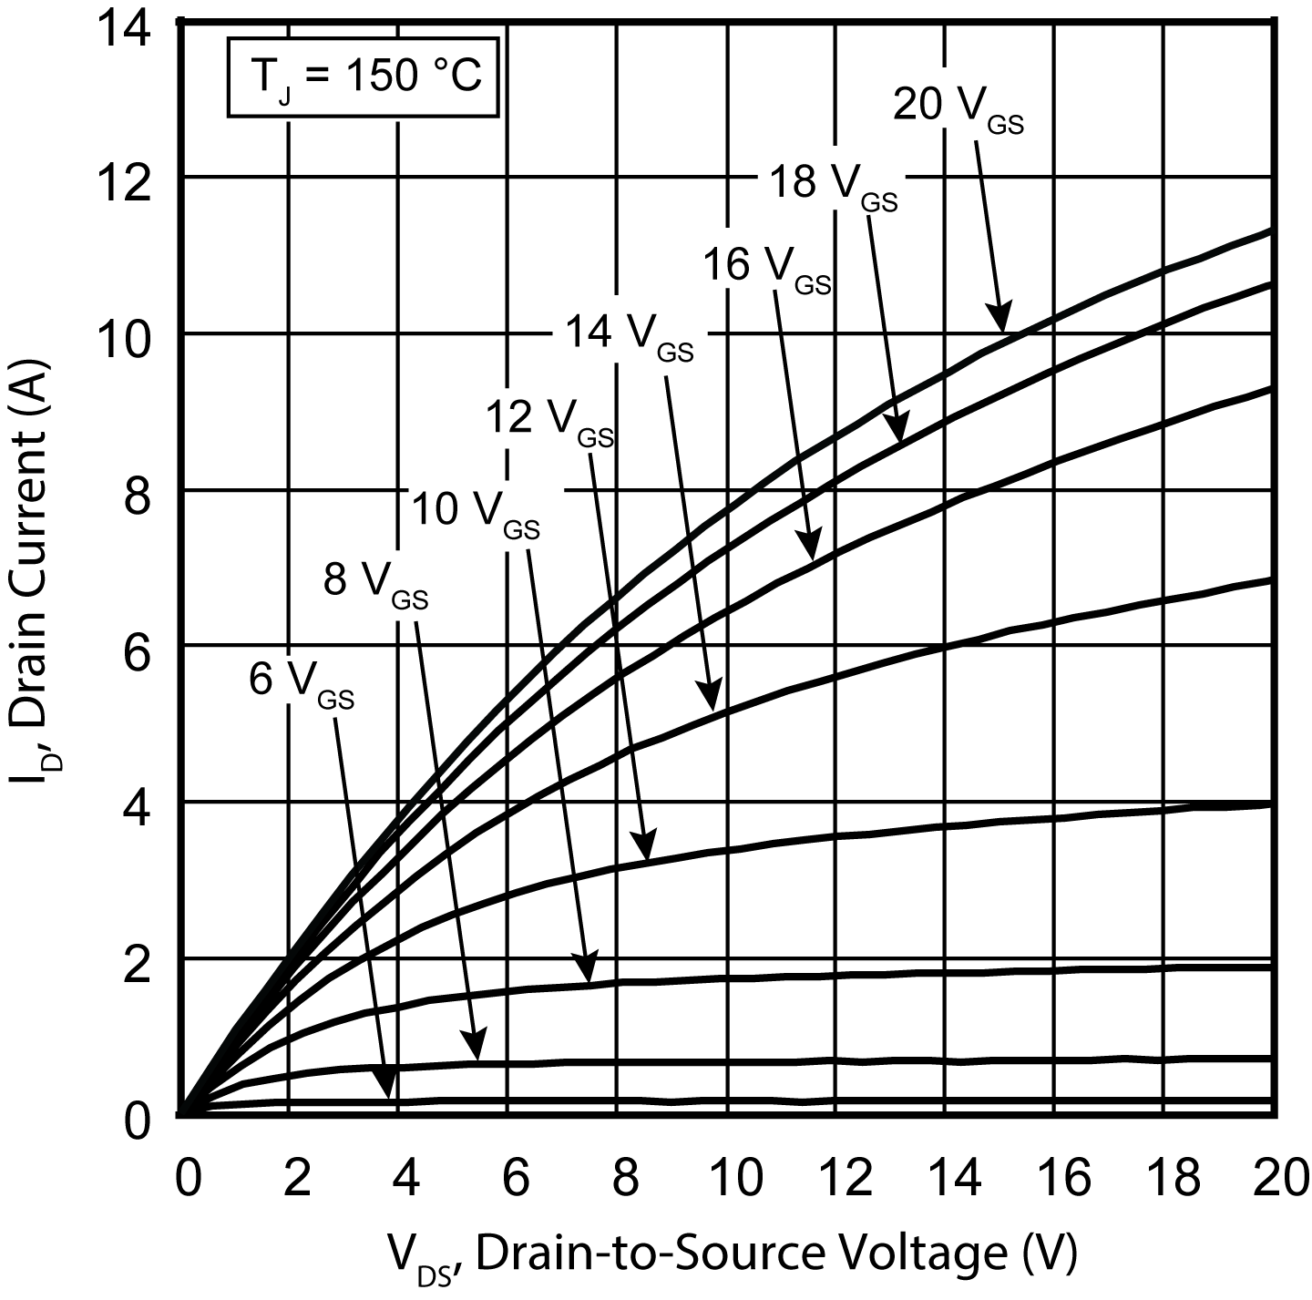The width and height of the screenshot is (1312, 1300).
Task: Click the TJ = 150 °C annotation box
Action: pos(364,77)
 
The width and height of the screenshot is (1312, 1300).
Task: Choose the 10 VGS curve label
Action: pos(475,513)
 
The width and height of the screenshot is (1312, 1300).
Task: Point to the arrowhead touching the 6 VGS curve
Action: pos(387,1086)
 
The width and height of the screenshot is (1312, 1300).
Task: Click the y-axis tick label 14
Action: pos(125,30)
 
